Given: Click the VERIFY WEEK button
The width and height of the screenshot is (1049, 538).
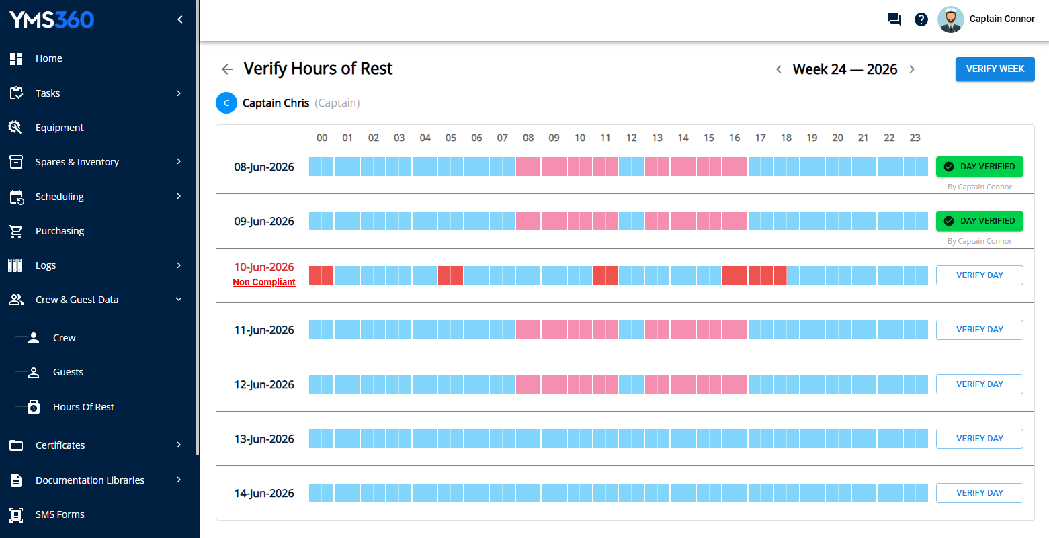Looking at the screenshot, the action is [995, 69].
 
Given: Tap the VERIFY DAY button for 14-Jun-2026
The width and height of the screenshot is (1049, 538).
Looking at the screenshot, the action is [979, 492].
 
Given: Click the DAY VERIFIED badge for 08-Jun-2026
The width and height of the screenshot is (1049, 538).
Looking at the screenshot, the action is [979, 166].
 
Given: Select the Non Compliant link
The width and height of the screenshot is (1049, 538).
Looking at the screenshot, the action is [263, 282].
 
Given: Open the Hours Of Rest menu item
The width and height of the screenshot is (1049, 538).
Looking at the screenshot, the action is [83, 407].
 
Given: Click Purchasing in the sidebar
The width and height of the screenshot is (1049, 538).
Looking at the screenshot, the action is [60, 231].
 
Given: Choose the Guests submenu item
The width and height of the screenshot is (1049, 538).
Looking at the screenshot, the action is [68, 372].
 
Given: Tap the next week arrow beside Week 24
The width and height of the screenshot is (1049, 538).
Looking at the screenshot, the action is [912, 69].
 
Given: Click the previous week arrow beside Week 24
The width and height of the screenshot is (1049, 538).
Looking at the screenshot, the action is [779, 69].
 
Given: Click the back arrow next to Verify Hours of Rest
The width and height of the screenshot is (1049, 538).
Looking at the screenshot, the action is [227, 69].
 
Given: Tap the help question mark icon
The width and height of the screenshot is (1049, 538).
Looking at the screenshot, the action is [921, 19].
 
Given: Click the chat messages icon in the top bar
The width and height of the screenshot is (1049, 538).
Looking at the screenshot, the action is [894, 19].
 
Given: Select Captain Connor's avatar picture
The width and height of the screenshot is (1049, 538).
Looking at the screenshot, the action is [950, 19].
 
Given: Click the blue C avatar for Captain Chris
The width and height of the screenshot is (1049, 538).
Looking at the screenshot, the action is [226, 103].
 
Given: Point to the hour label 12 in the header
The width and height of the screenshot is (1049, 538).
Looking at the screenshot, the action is [631, 138].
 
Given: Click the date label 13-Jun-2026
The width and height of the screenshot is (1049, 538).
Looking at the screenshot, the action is [263, 439].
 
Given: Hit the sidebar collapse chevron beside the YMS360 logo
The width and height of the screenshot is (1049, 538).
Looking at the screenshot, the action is [180, 19].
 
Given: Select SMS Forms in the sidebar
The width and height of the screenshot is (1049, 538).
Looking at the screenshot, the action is [60, 514].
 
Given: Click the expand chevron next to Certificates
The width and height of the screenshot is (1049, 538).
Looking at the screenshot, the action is [179, 445].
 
